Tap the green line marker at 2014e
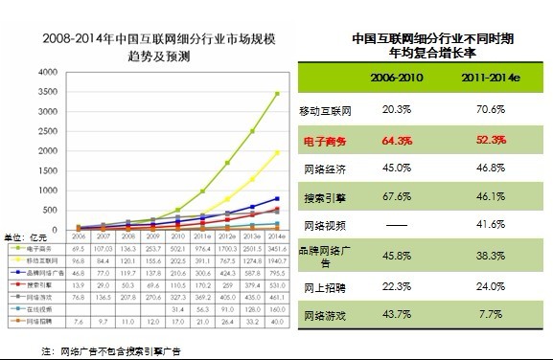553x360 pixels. pyautogui.click(x=278, y=94)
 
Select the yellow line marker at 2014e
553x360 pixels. pyautogui.click(x=278, y=152)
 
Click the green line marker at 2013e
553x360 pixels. pyautogui.click(x=253, y=131)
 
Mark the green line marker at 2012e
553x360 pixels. pyautogui.click(x=228, y=162)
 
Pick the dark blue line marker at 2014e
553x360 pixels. pyautogui.click(x=278, y=198)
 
